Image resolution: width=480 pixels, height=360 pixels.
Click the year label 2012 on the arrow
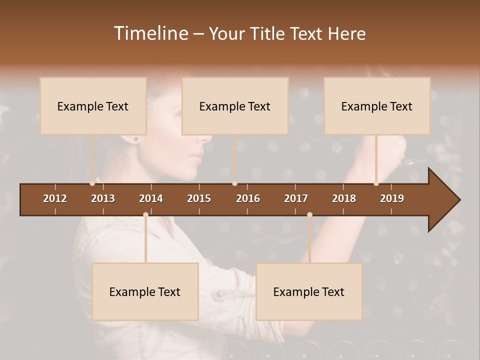coord(55,198)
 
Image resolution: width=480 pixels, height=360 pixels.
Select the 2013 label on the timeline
coord(103,198)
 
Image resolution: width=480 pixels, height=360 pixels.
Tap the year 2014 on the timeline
coord(151,198)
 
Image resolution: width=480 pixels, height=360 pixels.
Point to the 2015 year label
coord(199,198)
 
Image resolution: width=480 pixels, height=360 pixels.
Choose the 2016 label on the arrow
coord(248,198)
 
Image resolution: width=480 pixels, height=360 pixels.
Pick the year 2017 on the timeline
coord(296,198)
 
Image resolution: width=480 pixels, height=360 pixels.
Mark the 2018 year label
coord(344,198)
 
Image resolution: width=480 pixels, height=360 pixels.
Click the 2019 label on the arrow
coord(392,198)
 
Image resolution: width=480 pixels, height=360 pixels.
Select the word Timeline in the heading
coord(150,33)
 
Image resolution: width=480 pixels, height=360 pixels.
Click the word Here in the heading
coord(346,33)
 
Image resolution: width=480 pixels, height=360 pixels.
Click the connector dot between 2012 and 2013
coord(92,183)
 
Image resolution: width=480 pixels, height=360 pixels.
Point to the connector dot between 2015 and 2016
coord(234,183)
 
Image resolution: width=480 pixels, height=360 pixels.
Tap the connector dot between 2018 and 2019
coord(376,183)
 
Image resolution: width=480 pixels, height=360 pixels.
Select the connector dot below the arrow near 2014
coord(145,215)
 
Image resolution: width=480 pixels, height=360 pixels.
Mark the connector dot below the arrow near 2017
coord(309,215)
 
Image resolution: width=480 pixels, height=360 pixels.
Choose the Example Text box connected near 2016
coord(235,106)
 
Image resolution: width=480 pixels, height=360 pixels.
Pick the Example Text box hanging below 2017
coord(309,291)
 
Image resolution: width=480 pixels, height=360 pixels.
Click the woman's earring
coord(135,139)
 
